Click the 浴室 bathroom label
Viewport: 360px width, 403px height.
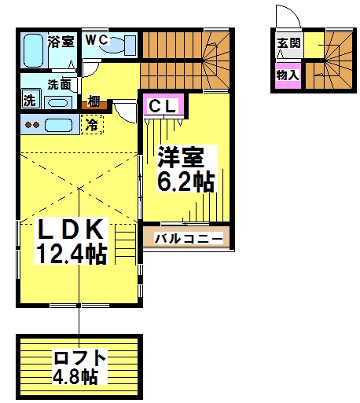pyautogui.click(x=61, y=41)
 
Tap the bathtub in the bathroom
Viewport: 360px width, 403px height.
pyautogui.click(x=33, y=50)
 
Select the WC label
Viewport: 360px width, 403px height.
pyautogui.click(x=97, y=40)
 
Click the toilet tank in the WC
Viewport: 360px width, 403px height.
pyautogui.click(x=130, y=46)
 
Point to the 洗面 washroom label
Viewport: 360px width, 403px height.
pyautogui.click(x=59, y=84)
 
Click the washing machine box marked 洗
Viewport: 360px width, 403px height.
pyautogui.click(x=31, y=99)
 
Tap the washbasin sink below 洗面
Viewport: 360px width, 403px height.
pyautogui.click(x=58, y=102)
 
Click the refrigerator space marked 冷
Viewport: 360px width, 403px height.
pyautogui.click(x=92, y=125)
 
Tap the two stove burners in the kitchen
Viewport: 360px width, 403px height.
pyautogui.click(x=32, y=125)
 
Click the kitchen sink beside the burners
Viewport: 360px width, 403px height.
pyautogui.click(x=58, y=125)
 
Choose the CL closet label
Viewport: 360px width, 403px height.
pyautogui.click(x=162, y=106)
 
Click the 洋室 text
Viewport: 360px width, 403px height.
pyautogui.click(x=181, y=156)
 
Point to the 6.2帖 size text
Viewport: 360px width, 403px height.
pyautogui.click(x=186, y=181)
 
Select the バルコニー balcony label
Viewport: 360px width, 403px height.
pyautogui.click(x=189, y=239)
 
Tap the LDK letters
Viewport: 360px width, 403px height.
pyautogui.click(x=70, y=229)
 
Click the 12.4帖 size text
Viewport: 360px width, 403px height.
pyautogui.click(x=72, y=254)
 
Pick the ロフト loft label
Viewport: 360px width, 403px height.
pyautogui.click(x=79, y=358)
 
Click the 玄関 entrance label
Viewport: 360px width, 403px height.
pyautogui.click(x=288, y=42)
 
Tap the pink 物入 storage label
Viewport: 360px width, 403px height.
pyautogui.click(x=288, y=75)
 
